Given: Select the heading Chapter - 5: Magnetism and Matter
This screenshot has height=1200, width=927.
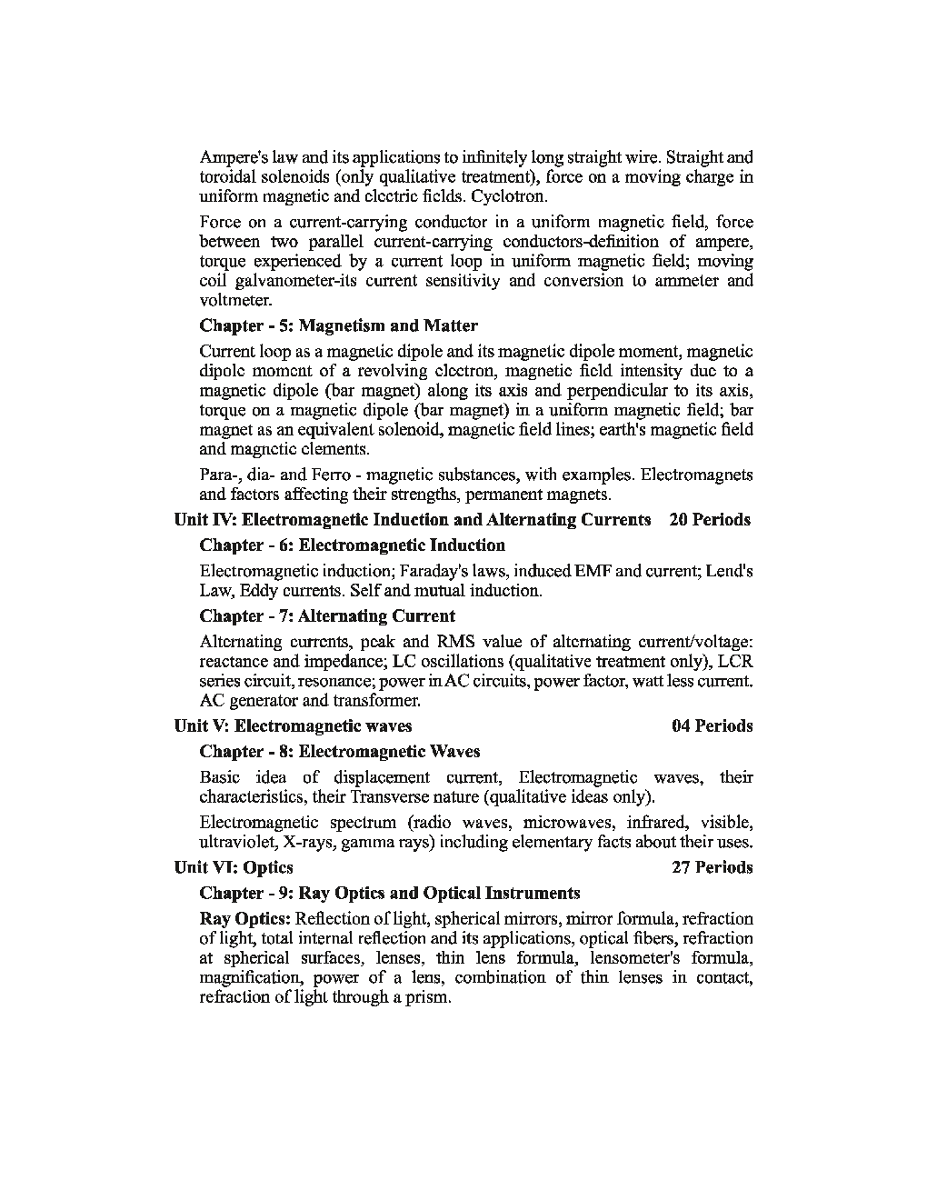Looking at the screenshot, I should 338,325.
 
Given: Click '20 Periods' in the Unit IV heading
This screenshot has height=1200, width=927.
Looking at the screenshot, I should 710,520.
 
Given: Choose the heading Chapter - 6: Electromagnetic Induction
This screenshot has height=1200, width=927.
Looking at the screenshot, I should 352,545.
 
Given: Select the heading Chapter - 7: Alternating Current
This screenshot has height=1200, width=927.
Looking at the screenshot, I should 327,616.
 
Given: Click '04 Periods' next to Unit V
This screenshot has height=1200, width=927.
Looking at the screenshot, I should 713,725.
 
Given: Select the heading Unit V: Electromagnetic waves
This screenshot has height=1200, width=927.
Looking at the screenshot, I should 293,725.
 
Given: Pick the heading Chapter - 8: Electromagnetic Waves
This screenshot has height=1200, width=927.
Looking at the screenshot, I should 339,752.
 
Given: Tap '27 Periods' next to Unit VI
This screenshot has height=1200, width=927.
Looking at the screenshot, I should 713,867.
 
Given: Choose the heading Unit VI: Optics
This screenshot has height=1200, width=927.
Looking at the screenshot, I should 234,867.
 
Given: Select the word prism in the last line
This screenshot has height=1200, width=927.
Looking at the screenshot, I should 429,997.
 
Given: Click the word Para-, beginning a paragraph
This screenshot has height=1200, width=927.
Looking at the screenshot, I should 219,475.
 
